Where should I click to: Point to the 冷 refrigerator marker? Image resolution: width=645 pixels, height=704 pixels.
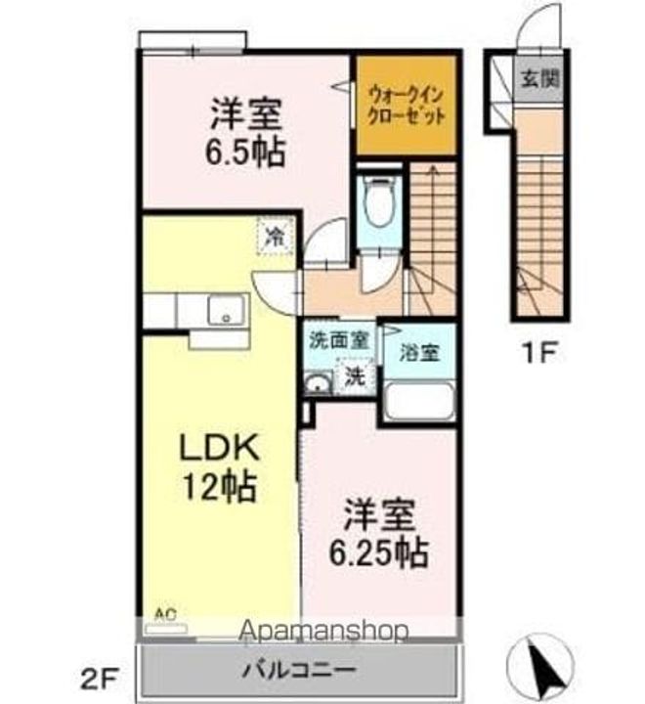[277, 235]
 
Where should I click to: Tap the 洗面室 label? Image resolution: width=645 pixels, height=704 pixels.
[338, 341]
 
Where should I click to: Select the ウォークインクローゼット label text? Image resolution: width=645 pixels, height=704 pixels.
[408, 104]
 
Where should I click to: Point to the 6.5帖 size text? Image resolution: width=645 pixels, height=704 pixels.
[245, 153]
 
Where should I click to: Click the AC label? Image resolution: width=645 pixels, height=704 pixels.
[165, 613]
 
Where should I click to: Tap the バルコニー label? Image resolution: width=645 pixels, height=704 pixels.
[300, 672]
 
